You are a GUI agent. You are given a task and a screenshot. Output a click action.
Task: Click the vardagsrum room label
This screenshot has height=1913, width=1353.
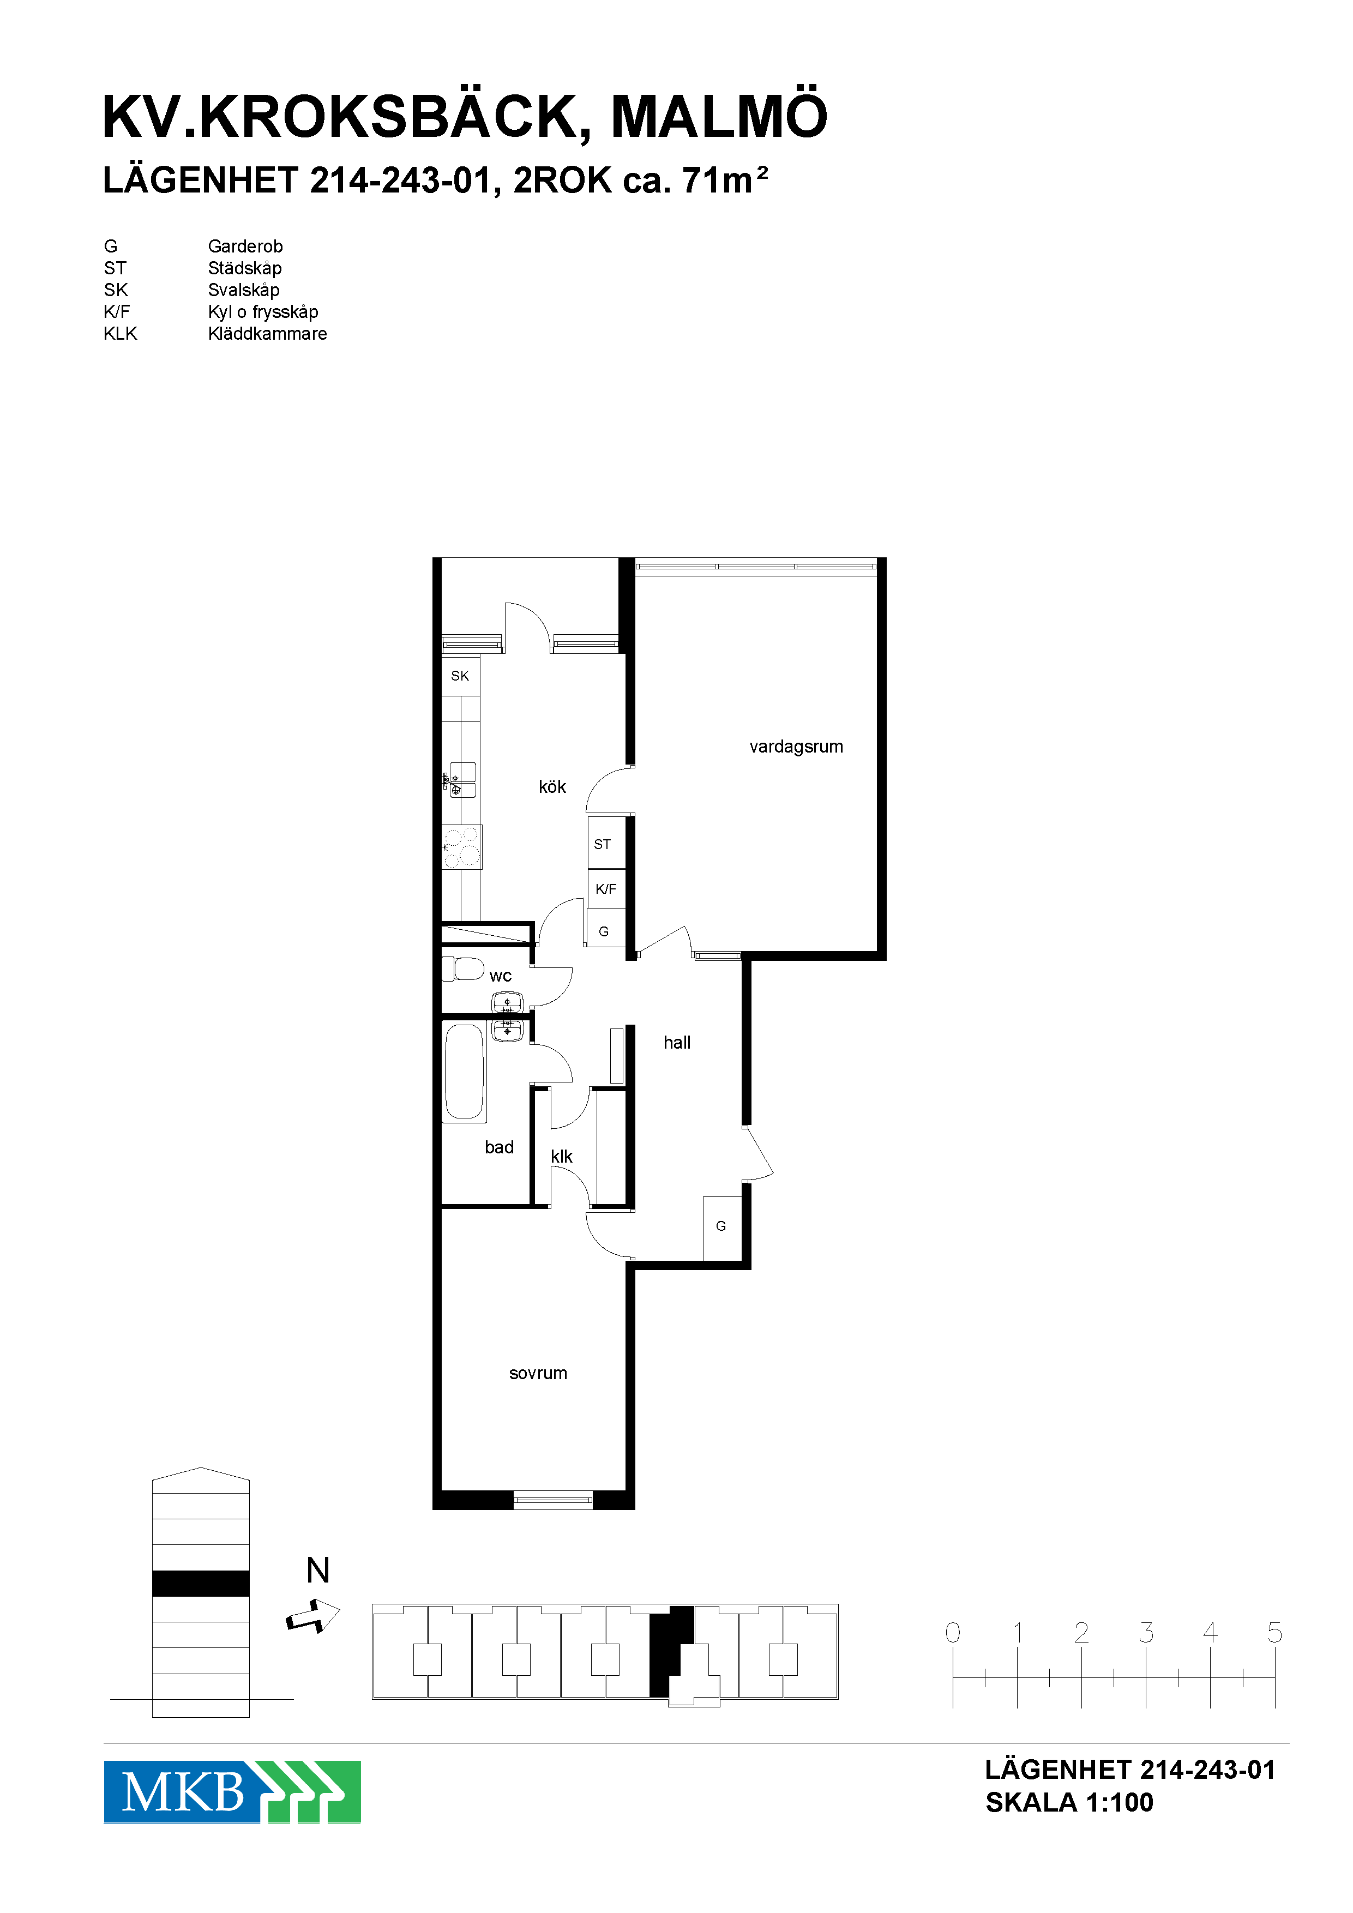coord(796,747)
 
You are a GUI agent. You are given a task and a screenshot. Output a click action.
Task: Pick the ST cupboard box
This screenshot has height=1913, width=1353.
coord(606,843)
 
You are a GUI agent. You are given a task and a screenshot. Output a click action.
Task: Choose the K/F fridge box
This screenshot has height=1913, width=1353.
coord(606,889)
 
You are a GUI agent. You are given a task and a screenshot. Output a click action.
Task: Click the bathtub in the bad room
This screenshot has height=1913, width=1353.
coord(464,1072)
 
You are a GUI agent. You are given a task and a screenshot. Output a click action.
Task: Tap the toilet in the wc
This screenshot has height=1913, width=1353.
coord(463,969)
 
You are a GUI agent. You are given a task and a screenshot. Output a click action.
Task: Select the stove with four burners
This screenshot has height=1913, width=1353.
coord(461,846)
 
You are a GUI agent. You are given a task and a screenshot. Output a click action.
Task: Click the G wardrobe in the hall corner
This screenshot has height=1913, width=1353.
coord(721,1228)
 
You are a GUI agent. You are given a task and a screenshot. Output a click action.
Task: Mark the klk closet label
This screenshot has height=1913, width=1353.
coord(562,1157)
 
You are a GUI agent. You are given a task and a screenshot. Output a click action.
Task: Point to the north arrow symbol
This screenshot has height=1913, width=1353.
coord(313,1616)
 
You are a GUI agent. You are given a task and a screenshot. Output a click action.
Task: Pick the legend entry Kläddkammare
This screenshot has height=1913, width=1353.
coord(267,333)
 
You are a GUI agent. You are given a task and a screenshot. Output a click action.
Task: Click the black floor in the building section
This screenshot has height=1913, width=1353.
coord(201,1583)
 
